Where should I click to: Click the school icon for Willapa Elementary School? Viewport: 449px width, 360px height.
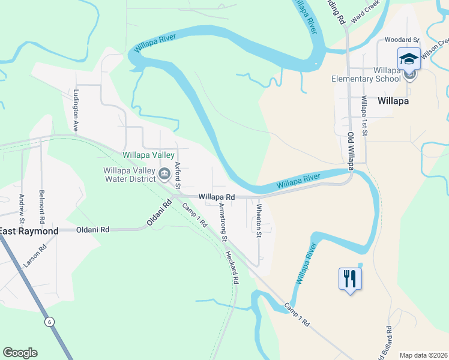[x=409, y=59]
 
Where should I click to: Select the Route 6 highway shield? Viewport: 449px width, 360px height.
[x=49, y=322]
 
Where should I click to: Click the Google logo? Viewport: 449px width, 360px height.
[x=20, y=353]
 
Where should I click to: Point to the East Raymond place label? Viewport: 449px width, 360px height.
[x=29, y=231]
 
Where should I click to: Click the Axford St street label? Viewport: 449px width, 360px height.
[x=178, y=175]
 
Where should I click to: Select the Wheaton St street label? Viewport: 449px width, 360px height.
[x=259, y=220]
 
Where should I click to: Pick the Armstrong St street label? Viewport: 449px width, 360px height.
[x=223, y=221]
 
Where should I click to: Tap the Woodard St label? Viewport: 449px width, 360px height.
[x=402, y=40]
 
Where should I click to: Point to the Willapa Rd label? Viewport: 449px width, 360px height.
[x=216, y=196]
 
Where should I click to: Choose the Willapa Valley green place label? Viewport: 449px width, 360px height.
[x=148, y=155]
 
